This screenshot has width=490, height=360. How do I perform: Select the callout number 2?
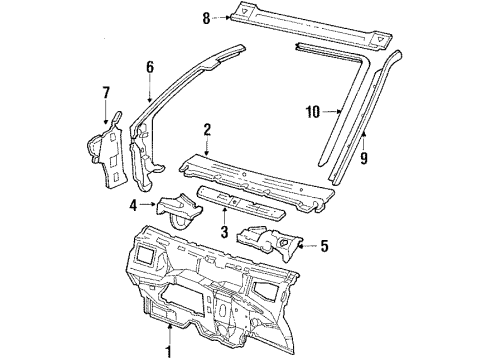pyautogui.click(x=206, y=129)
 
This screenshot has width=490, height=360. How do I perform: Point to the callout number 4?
pyautogui.click(x=134, y=207)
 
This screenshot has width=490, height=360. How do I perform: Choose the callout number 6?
pyautogui.click(x=149, y=68)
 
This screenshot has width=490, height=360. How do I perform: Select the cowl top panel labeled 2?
pyautogui.click(x=260, y=175)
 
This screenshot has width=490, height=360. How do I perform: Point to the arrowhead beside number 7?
pyautogui.click(x=107, y=113)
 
